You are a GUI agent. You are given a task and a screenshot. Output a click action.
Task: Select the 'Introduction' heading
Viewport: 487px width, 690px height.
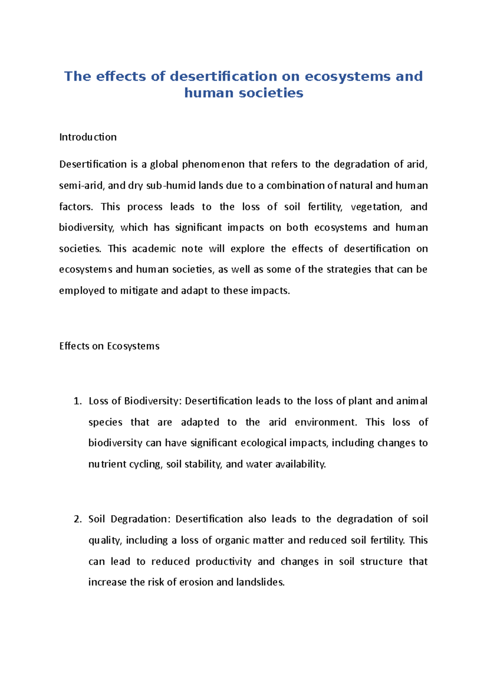[x=88, y=137]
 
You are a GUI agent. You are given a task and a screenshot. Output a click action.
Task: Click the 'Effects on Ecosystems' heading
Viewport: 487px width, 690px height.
[x=109, y=346]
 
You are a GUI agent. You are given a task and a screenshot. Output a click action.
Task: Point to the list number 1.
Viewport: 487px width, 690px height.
[x=78, y=401]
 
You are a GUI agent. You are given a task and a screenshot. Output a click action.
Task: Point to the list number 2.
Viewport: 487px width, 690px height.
[x=78, y=519]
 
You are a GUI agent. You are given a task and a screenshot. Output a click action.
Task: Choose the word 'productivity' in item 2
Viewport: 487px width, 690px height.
[x=223, y=562]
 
